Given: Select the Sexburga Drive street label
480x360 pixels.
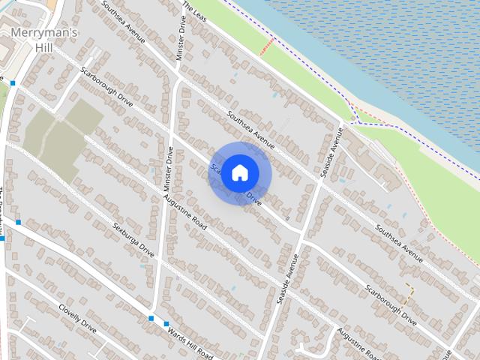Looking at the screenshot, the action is tap(133, 239).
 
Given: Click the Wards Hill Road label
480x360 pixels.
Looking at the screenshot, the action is tap(190, 342).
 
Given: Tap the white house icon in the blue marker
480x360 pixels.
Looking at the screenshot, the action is tap(239, 172).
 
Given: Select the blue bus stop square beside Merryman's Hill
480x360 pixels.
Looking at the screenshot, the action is tap(13, 82).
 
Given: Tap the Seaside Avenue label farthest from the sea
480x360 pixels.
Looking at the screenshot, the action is tap(286, 277).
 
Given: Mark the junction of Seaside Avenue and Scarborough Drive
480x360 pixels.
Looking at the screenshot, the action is tap(303, 241).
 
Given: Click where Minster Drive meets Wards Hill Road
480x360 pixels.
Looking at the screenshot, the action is tap(152, 313).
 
